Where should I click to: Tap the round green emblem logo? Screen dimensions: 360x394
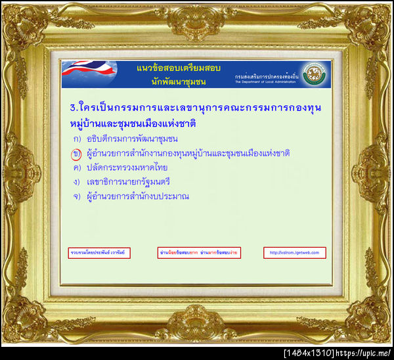(x=317, y=74)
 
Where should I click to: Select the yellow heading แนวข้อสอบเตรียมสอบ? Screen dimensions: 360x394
(x=178, y=68)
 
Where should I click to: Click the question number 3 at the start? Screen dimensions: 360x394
(x=72, y=107)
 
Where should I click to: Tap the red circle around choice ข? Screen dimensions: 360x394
(x=76, y=153)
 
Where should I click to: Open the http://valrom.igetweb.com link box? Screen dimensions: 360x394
(x=295, y=252)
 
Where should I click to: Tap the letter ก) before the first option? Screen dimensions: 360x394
(x=77, y=139)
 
